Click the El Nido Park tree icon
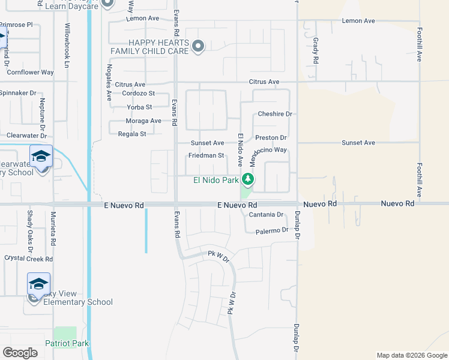click(x=247, y=179)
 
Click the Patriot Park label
click(x=67, y=343)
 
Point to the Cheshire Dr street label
click(x=274, y=114)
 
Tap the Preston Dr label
click(x=271, y=137)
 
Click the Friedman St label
click(x=206, y=155)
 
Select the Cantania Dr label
click(x=266, y=214)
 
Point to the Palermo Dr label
click(x=272, y=231)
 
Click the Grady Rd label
click(x=315, y=51)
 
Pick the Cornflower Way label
click(x=30, y=72)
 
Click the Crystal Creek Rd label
click(x=29, y=259)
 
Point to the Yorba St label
click(x=139, y=107)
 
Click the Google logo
click(x=20, y=353)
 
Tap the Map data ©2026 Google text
click(x=411, y=355)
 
